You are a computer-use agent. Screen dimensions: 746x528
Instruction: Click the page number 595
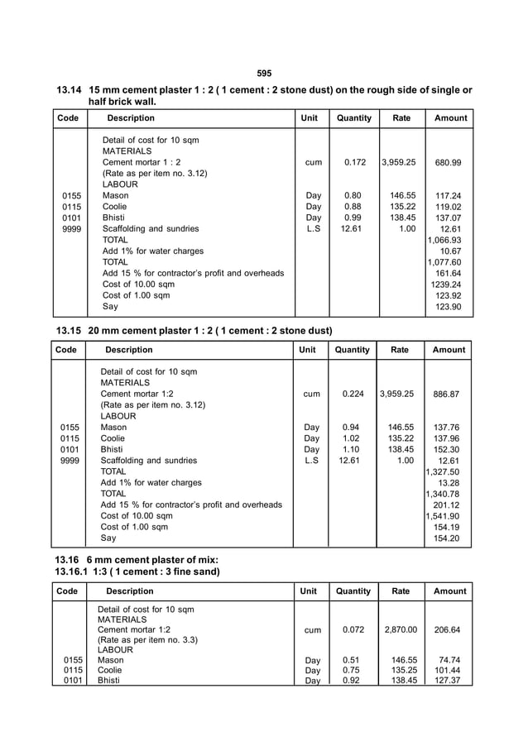click(264, 74)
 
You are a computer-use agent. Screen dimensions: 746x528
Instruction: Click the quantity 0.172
click(354, 163)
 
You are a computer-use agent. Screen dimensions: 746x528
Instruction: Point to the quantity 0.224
click(353, 395)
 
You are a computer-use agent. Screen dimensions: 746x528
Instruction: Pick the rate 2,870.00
click(401, 629)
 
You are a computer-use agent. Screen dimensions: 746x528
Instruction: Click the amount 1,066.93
click(447, 240)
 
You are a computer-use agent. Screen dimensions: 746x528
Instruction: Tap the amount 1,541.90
click(446, 516)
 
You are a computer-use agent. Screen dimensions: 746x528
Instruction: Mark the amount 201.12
click(449, 505)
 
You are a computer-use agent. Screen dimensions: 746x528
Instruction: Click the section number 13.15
click(72, 331)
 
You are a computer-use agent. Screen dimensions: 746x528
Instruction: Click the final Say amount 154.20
click(449, 538)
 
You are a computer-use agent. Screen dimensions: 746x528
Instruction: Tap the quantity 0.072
click(353, 629)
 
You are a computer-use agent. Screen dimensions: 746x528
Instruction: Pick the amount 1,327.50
click(446, 471)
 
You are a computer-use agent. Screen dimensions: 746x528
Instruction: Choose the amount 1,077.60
click(447, 262)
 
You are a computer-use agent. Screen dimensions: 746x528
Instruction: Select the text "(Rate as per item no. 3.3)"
click(149, 640)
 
